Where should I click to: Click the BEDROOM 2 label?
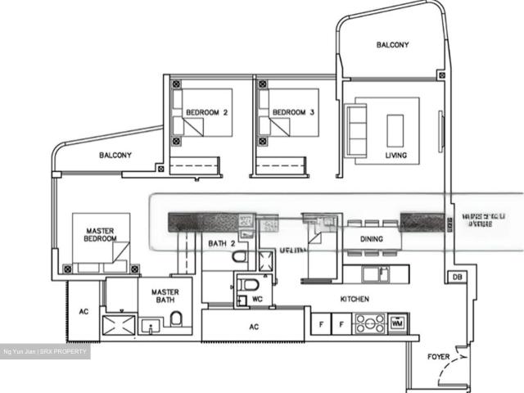pyautogui.click(x=206, y=112)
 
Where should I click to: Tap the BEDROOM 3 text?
pyautogui.click(x=293, y=112)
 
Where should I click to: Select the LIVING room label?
pyautogui.click(x=396, y=155)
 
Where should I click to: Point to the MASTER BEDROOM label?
pyautogui.click(x=99, y=236)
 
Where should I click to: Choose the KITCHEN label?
pyautogui.click(x=355, y=300)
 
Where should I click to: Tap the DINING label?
pyautogui.click(x=373, y=239)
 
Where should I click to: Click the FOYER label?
pyautogui.click(x=439, y=357)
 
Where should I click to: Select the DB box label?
pyautogui.click(x=457, y=278)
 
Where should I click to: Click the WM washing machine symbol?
pyautogui.click(x=397, y=323)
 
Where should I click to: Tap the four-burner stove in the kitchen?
pyautogui.click(x=368, y=323)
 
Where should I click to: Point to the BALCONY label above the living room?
pyautogui.click(x=392, y=45)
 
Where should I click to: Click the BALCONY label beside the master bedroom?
pyautogui.click(x=116, y=155)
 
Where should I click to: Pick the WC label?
pyautogui.click(x=256, y=299)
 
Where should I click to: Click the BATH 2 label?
pyautogui.click(x=222, y=243)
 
